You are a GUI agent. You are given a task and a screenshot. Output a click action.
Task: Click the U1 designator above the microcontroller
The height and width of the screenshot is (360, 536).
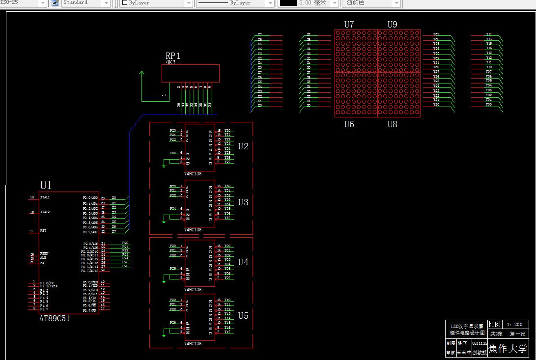coord(46,185)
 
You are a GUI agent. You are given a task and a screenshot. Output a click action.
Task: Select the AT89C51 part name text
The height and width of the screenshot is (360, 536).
coord(55,319)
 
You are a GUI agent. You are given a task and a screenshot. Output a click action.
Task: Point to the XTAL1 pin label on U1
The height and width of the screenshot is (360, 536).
coord(45,197)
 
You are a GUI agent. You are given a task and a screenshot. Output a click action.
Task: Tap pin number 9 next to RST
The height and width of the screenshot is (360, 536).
coord(31,231)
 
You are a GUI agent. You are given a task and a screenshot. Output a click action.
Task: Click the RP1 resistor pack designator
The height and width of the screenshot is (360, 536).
coord(173,56)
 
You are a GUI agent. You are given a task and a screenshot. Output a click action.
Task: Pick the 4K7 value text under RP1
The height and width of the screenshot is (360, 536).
coord(170,62)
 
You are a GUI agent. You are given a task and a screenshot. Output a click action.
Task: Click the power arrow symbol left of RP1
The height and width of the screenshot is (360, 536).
coord(142,74)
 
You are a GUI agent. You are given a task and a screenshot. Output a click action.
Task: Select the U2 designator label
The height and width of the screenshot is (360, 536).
coord(243,146)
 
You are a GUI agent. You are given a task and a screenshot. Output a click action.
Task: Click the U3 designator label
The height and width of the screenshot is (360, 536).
coord(243,202)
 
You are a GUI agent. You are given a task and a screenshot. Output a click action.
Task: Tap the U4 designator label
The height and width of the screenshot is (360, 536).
coord(243,262)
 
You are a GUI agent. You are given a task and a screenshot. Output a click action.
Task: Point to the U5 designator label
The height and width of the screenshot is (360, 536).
coord(243,316)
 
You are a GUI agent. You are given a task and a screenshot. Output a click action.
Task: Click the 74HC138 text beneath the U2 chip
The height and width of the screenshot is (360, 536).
coord(193,174)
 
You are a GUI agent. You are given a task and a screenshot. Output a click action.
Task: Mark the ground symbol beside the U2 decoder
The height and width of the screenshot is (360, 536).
coord(164,166)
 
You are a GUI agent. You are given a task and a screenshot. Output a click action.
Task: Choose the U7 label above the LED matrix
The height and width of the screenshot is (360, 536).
coord(349,25)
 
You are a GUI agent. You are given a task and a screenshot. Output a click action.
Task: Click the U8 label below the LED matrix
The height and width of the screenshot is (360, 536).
coord(392,124)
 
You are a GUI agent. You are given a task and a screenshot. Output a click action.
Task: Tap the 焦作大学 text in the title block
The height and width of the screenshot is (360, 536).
coord(508,349)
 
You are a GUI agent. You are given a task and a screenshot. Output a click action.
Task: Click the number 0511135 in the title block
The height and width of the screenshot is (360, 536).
coord(479,343)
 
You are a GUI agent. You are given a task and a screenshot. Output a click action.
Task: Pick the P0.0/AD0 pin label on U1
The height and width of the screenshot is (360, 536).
coord(90,198)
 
